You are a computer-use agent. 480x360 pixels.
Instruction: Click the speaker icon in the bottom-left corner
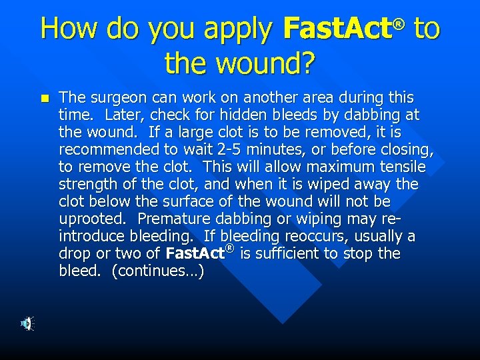pyautogui.click(x=26, y=323)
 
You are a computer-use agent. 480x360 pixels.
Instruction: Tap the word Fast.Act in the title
pyautogui.click(x=338, y=29)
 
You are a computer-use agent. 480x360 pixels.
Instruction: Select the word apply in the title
pyautogui.click(x=238, y=30)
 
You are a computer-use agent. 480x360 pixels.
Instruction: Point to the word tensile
pyautogui.click(x=402, y=167)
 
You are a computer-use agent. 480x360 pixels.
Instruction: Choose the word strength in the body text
pyautogui.click(x=85, y=184)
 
